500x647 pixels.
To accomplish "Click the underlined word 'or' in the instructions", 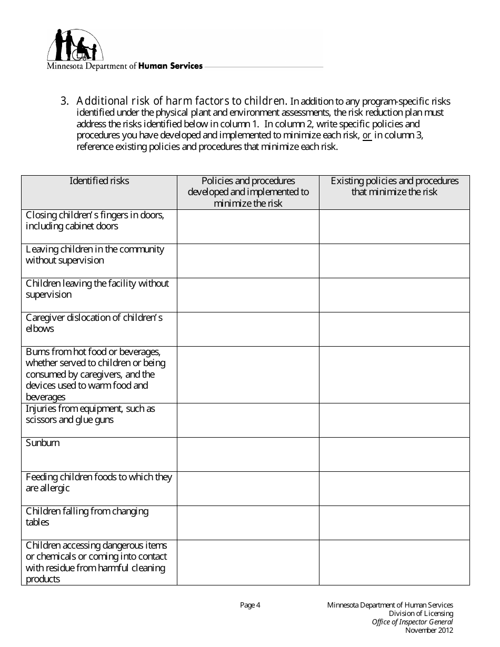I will click(367, 136).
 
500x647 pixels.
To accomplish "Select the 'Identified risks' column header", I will click(99, 181).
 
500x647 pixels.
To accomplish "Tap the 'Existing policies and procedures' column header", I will click(394, 186).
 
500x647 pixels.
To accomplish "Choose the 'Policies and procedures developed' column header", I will click(248, 192).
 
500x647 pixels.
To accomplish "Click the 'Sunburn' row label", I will click(43, 443).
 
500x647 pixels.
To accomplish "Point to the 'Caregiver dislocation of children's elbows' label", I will click(94, 323).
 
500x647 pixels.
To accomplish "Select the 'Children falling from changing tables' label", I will click(87, 517).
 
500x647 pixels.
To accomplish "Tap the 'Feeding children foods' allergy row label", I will click(98, 482).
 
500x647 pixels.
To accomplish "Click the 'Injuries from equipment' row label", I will click(90, 415).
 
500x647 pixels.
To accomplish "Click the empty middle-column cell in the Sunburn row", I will click(248, 454).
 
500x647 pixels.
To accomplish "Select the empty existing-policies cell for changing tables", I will click(394, 523).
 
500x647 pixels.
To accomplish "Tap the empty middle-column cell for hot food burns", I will click(248, 375).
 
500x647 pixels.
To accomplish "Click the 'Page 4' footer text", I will click(250, 605).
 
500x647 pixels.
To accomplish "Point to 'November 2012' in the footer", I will click(429, 631).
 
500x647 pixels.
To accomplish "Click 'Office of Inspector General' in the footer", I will click(412, 622).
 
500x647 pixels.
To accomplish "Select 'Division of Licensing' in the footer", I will click(421, 613).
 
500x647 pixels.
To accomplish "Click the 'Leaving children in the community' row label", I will click(95, 255).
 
